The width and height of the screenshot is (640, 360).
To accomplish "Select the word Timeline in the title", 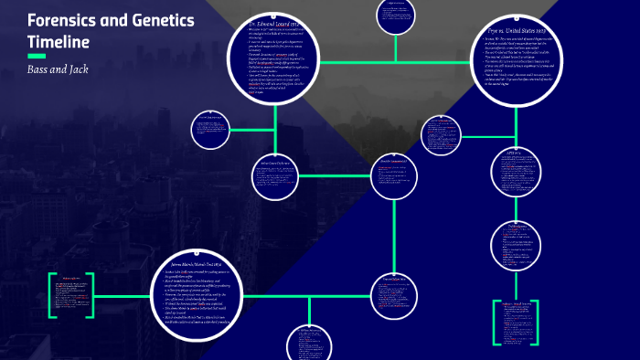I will pos(58,42).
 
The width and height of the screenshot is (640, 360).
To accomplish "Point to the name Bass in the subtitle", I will pos(40,70).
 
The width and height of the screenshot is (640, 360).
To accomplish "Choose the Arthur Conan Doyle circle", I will pos(274,170).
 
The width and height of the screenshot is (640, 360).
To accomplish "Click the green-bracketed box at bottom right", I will pos(525,320).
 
